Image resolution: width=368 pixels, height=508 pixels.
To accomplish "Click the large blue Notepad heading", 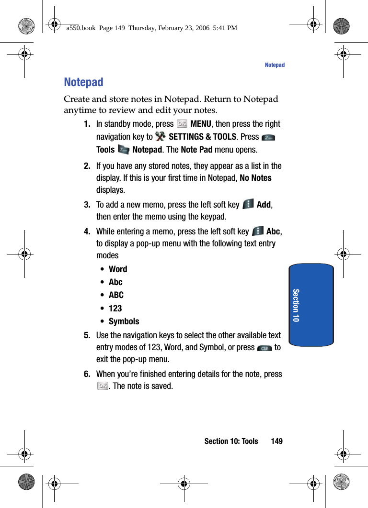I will pos(84,82).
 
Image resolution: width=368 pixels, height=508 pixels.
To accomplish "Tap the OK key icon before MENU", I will pos(182,124).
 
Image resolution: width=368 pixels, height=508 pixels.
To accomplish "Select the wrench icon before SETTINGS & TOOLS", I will pos(160,137).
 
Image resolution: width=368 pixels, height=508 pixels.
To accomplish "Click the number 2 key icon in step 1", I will pos(268,137).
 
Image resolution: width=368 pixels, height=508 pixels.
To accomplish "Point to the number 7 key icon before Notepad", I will pos(123,150).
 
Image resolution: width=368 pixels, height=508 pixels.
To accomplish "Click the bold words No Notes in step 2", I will pos(255,178).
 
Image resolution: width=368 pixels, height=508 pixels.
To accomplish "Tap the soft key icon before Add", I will pos(248,204).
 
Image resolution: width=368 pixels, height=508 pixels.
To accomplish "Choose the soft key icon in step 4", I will pos(257,231).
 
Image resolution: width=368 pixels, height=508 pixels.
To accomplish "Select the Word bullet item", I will pos(118,269).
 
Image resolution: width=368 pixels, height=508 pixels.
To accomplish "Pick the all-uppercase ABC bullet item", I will pos(116,295).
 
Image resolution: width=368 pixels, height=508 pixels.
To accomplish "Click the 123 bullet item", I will pos(115,309).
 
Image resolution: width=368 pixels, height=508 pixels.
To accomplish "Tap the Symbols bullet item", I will pos(124,321).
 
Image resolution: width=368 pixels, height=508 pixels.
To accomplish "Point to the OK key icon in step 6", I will pos(102,386).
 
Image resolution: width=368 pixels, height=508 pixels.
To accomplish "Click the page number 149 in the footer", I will pos(276,441).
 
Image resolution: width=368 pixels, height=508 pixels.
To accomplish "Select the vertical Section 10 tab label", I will pos(296,305).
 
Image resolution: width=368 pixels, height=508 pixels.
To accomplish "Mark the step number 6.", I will pos(87,374).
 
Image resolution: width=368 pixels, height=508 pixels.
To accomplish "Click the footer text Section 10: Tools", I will pos(231,441).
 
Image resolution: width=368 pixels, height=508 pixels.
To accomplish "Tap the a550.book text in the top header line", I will pos(81,28).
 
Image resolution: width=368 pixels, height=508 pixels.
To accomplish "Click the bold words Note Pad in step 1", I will pos(196,150).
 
